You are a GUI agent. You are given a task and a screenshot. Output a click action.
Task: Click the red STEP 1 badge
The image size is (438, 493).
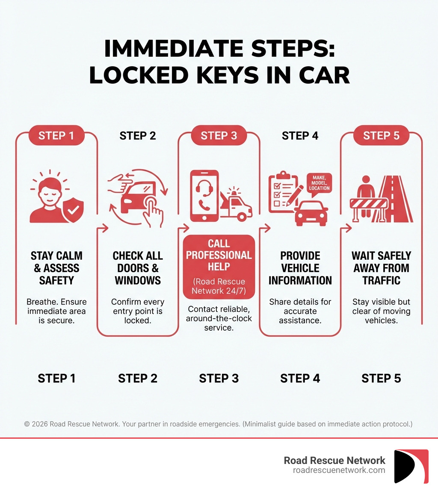click(x=56, y=136)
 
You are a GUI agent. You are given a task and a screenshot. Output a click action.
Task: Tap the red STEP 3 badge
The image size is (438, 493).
click(x=219, y=136)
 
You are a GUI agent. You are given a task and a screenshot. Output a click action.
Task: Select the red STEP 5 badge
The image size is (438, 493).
click(x=381, y=136)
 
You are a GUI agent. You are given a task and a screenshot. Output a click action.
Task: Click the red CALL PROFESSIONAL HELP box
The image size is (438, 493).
click(x=219, y=266)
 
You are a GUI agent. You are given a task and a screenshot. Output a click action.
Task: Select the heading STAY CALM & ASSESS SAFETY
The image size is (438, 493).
click(x=56, y=268)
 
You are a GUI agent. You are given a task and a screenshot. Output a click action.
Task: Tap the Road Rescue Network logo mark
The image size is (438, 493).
click(x=411, y=466)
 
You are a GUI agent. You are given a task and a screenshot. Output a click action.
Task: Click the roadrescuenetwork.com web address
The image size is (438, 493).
click(x=339, y=470)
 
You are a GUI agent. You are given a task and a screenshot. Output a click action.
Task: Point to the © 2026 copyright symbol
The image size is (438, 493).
click(x=27, y=424)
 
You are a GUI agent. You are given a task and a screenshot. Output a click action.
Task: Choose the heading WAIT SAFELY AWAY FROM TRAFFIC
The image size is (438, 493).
click(x=381, y=268)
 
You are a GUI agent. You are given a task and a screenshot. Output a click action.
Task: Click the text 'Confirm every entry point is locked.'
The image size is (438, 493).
click(x=138, y=311)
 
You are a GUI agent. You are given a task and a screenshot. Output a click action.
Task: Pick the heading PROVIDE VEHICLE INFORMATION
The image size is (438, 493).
click(x=300, y=268)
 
